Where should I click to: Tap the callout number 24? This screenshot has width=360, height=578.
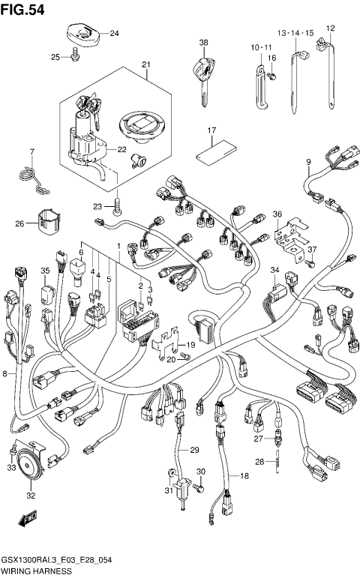click(114, 33)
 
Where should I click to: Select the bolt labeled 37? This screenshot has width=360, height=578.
click(309, 262)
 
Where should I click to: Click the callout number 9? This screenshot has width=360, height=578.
click(308, 162)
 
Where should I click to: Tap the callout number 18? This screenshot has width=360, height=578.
click(244, 475)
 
